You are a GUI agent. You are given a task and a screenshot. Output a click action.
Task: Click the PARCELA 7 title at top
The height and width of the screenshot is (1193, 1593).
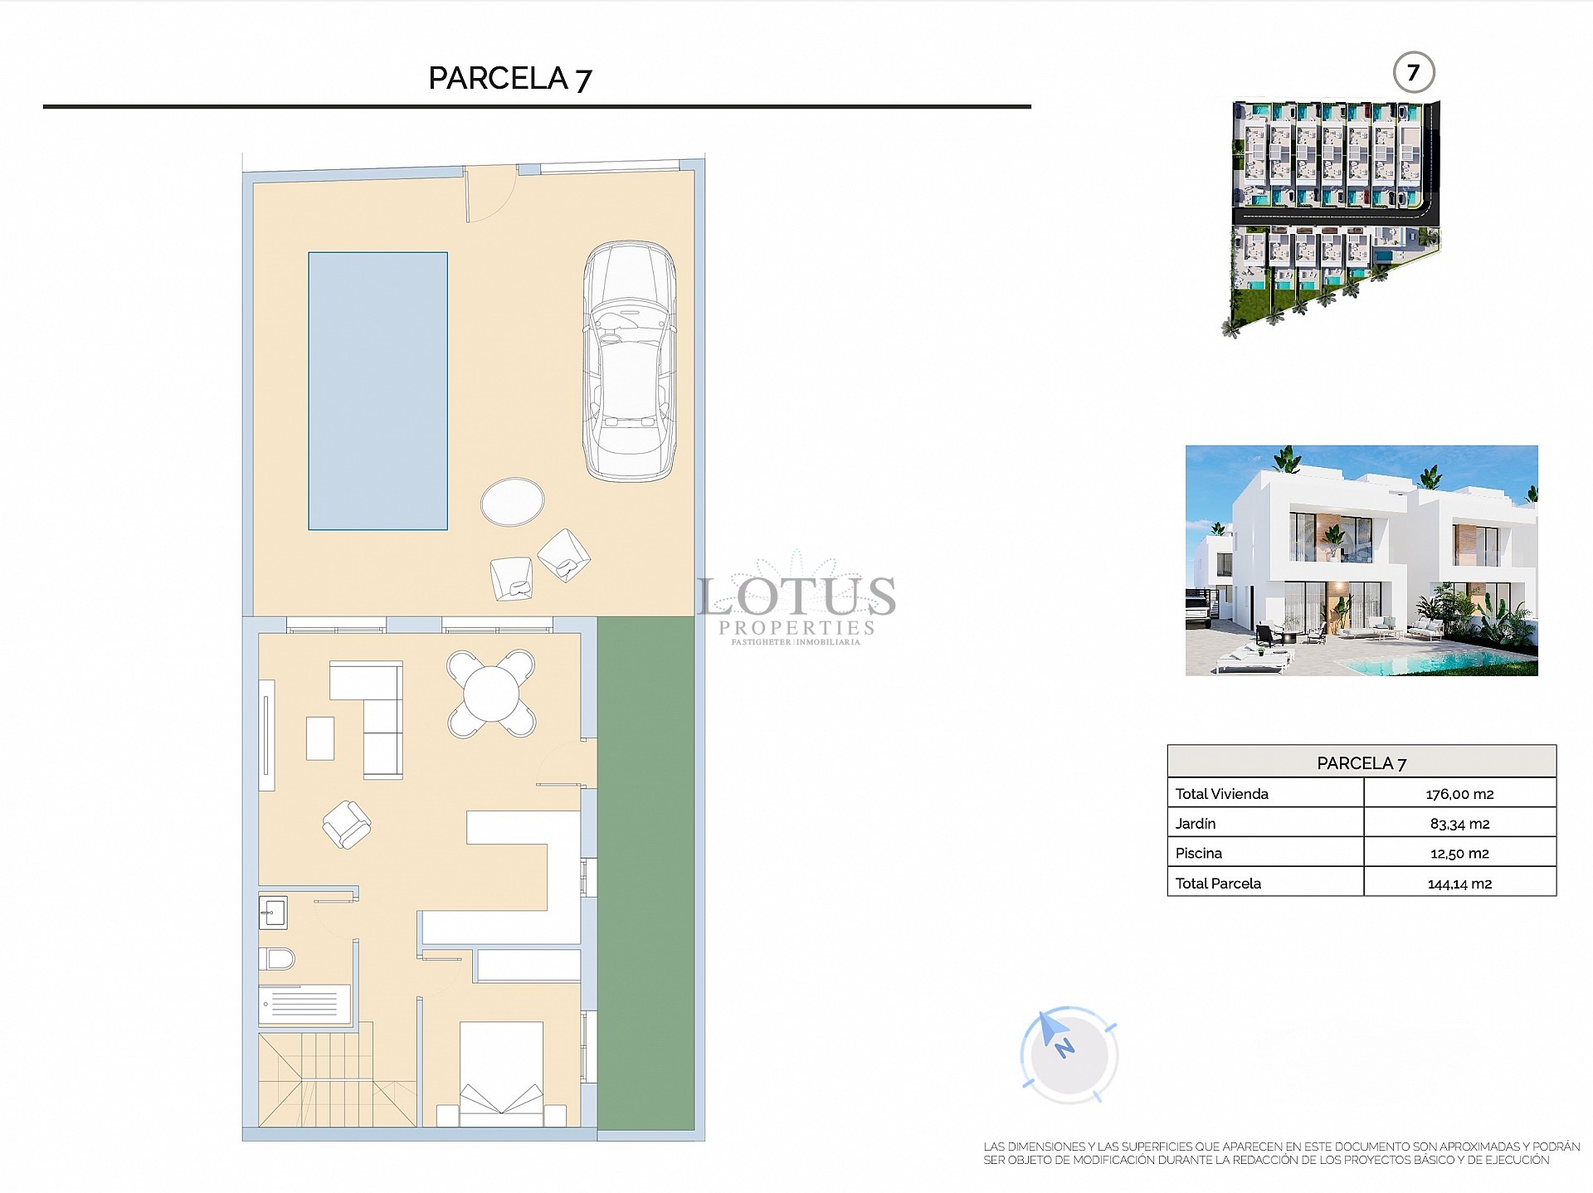click(509, 78)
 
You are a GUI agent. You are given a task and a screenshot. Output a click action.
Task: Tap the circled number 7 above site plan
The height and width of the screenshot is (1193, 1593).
click(1413, 72)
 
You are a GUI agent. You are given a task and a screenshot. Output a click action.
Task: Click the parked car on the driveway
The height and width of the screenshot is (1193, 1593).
click(629, 361)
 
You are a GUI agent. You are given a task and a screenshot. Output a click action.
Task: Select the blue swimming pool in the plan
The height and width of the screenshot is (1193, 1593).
click(378, 391)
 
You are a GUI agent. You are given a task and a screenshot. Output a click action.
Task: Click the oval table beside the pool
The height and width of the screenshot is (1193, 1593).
click(513, 501)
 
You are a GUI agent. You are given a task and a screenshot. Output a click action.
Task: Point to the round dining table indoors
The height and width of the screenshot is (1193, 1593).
click(491, 694)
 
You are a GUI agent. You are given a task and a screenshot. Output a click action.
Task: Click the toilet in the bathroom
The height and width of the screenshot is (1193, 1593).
click(276, 959)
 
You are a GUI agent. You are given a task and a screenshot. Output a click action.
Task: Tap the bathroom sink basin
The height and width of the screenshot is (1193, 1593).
click(273, 913)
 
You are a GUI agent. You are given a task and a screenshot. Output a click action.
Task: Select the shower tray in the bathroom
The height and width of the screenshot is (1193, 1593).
click(304, 1005)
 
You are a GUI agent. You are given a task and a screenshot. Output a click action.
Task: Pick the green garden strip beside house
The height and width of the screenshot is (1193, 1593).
click(645, 871)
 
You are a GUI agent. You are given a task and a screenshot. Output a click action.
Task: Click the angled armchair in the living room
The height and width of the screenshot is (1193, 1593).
click(346, 824)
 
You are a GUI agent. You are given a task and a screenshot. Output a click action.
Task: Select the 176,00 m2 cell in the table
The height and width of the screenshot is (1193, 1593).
click(1459, 794)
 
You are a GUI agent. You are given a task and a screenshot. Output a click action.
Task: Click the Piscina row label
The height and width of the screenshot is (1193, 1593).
click(1198, 853)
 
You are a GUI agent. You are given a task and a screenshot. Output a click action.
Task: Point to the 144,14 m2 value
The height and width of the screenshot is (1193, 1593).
click(1459, 884)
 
